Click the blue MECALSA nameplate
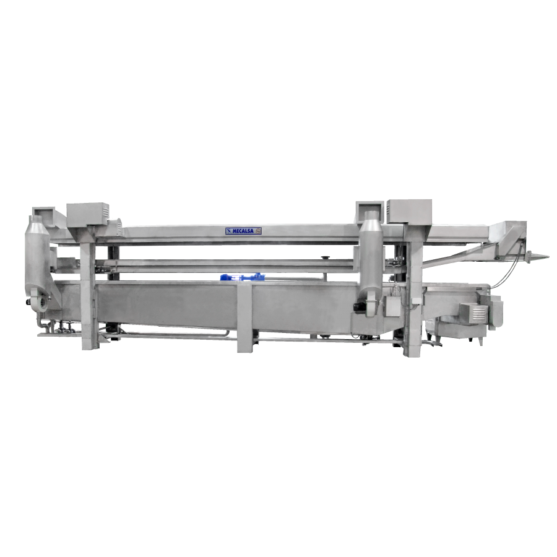coord(243,231)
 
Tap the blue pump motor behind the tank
coord(241,277)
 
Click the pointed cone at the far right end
coord(538,256)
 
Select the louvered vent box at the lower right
coord(475,313)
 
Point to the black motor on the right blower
coord(357,307)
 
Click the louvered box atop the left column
coord(87,214)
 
